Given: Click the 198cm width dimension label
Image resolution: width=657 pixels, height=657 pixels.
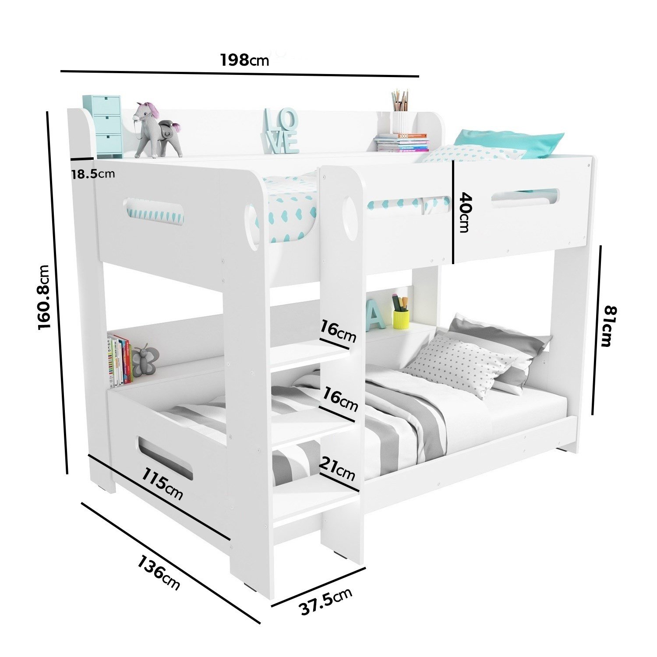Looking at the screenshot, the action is click(x=244, y=60).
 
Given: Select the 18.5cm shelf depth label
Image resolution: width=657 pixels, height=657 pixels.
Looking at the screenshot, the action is click(x=93, y=174).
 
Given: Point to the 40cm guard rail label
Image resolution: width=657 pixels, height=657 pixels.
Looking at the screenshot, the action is click(x=464, y=213).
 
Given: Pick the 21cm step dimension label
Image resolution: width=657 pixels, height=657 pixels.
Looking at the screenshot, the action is click(x=337, y=469).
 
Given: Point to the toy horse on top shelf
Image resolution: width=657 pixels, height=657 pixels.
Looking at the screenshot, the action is click(x=157, y=130).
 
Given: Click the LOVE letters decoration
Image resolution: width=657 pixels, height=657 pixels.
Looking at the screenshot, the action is click(x=281, y=131).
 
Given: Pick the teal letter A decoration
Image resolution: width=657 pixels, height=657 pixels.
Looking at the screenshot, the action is click(x=376, y=315).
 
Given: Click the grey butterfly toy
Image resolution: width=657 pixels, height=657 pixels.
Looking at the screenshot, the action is click(x=144, y=360).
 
